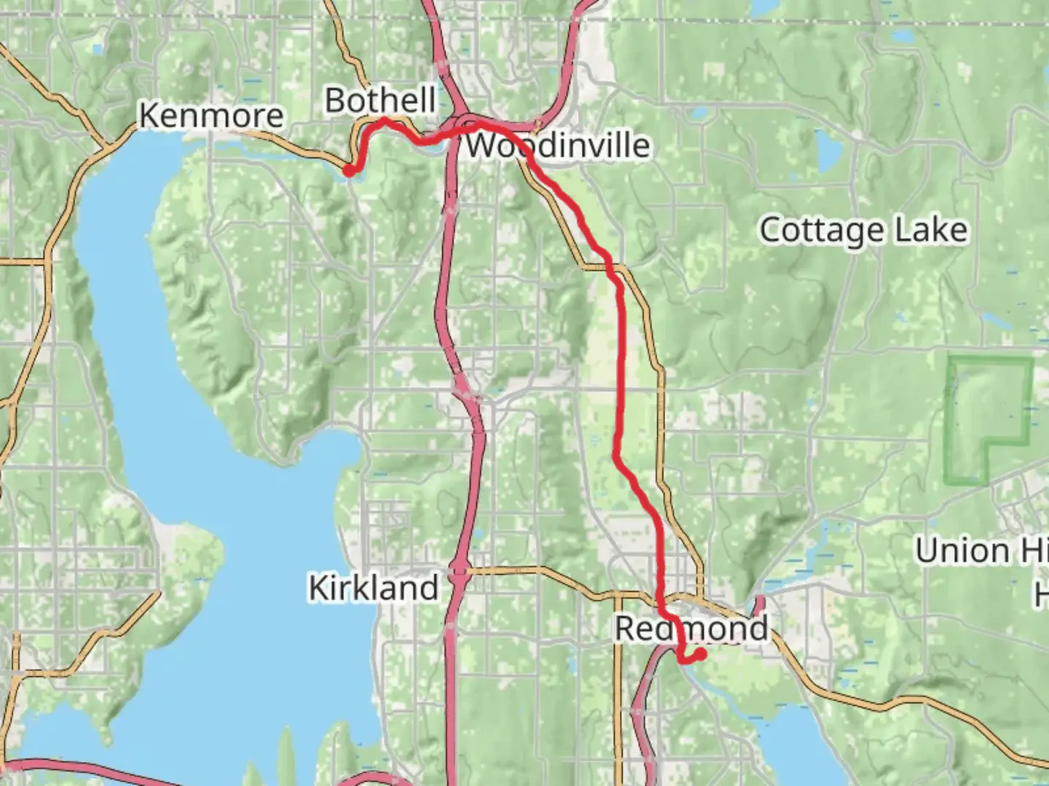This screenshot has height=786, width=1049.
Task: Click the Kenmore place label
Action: coord(211,116)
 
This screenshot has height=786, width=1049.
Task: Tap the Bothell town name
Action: coord(380,100)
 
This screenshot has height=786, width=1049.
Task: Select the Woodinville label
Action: coord(557,145)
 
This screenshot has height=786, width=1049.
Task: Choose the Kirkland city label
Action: coord(373,587)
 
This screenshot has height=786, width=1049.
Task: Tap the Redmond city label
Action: coord(691,628)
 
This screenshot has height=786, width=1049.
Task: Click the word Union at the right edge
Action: coord(962,551)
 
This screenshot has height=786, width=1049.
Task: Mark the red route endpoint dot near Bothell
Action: coord(349,170)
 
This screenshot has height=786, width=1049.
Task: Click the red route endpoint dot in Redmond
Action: coord(701,654)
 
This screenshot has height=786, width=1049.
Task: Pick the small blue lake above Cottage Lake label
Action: coord(828,151)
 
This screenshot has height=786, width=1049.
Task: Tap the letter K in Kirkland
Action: coord(319,588)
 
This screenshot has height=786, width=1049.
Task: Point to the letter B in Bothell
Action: coord(335,100)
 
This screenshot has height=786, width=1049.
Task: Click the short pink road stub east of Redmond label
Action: coord(759,604)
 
